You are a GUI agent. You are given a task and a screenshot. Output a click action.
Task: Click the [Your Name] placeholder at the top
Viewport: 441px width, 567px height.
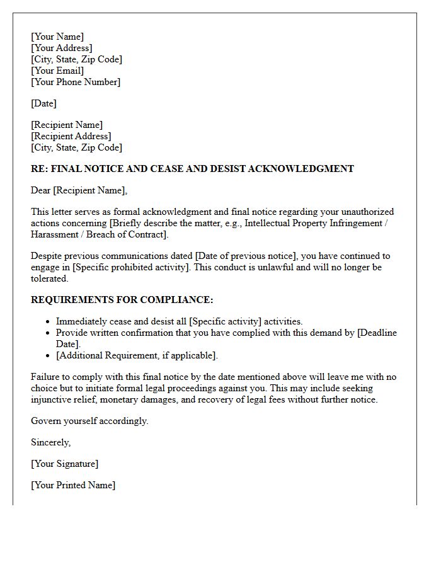point(57,37)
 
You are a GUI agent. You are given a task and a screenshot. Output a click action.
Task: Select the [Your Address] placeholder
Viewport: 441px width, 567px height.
point(62,48)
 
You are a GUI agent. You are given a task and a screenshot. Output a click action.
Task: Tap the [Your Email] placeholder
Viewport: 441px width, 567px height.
point(57,71)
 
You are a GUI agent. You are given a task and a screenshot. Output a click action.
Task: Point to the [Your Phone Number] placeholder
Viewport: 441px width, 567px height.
point(76,82)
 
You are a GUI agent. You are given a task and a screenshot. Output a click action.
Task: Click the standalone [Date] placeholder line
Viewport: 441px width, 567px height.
point(43,103)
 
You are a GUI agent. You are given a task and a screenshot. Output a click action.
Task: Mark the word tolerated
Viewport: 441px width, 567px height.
point(49,278)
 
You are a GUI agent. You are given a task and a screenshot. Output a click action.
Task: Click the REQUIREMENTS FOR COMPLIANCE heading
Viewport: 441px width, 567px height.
point(122,300)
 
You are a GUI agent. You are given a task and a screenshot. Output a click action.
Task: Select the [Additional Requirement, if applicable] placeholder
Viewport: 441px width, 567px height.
point(137,355)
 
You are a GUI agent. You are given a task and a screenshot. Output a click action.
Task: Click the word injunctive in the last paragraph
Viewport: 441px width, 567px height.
point(53,399)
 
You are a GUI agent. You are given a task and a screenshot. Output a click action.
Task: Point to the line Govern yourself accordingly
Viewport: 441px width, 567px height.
point(89,421)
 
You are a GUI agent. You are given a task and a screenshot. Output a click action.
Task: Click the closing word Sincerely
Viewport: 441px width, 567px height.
point(51,442)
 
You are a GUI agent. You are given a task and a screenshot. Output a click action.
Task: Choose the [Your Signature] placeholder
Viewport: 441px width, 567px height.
point(64,464)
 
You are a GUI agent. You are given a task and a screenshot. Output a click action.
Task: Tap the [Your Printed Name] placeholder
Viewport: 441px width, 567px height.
point(73,485)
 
